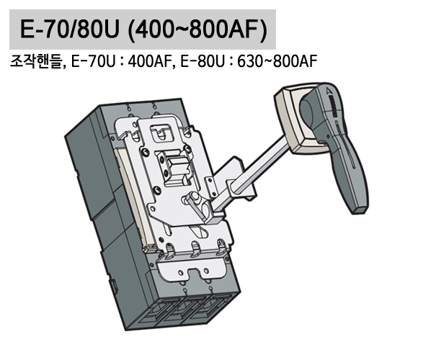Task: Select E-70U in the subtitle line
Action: click(94, 62)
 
